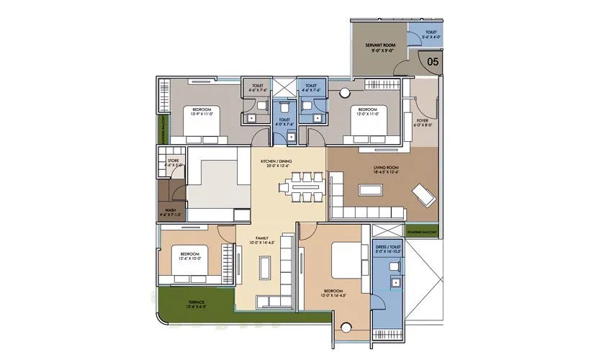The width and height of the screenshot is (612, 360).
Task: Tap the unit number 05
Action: pos(432,62)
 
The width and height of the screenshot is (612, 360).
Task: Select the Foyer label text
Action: pos(423,121)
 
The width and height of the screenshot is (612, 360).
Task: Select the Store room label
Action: pos(173,161)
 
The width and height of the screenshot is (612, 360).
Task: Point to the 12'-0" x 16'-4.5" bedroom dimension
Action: pos(334,294)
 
